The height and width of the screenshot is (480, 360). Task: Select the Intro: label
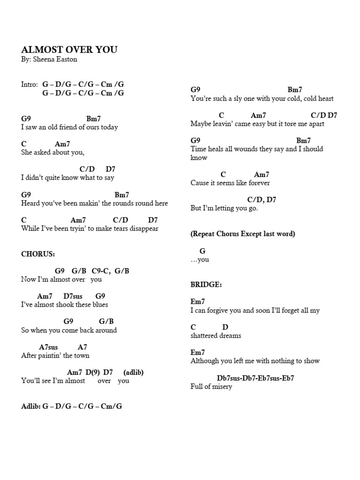(29, 84)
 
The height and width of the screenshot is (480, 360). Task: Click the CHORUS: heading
(38, 254)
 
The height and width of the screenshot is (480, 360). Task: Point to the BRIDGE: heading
(206, 285)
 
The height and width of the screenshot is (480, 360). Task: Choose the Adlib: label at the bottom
(31, 406)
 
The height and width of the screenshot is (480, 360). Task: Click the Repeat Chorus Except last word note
(243, 234)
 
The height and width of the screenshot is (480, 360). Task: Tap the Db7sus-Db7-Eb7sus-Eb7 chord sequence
(255, 378)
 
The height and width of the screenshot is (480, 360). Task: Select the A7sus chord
(49, 347)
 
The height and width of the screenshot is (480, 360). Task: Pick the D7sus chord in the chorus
(73, 296)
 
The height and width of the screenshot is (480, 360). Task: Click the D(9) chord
(93, 372)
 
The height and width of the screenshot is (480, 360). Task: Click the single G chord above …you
(202, 251)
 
